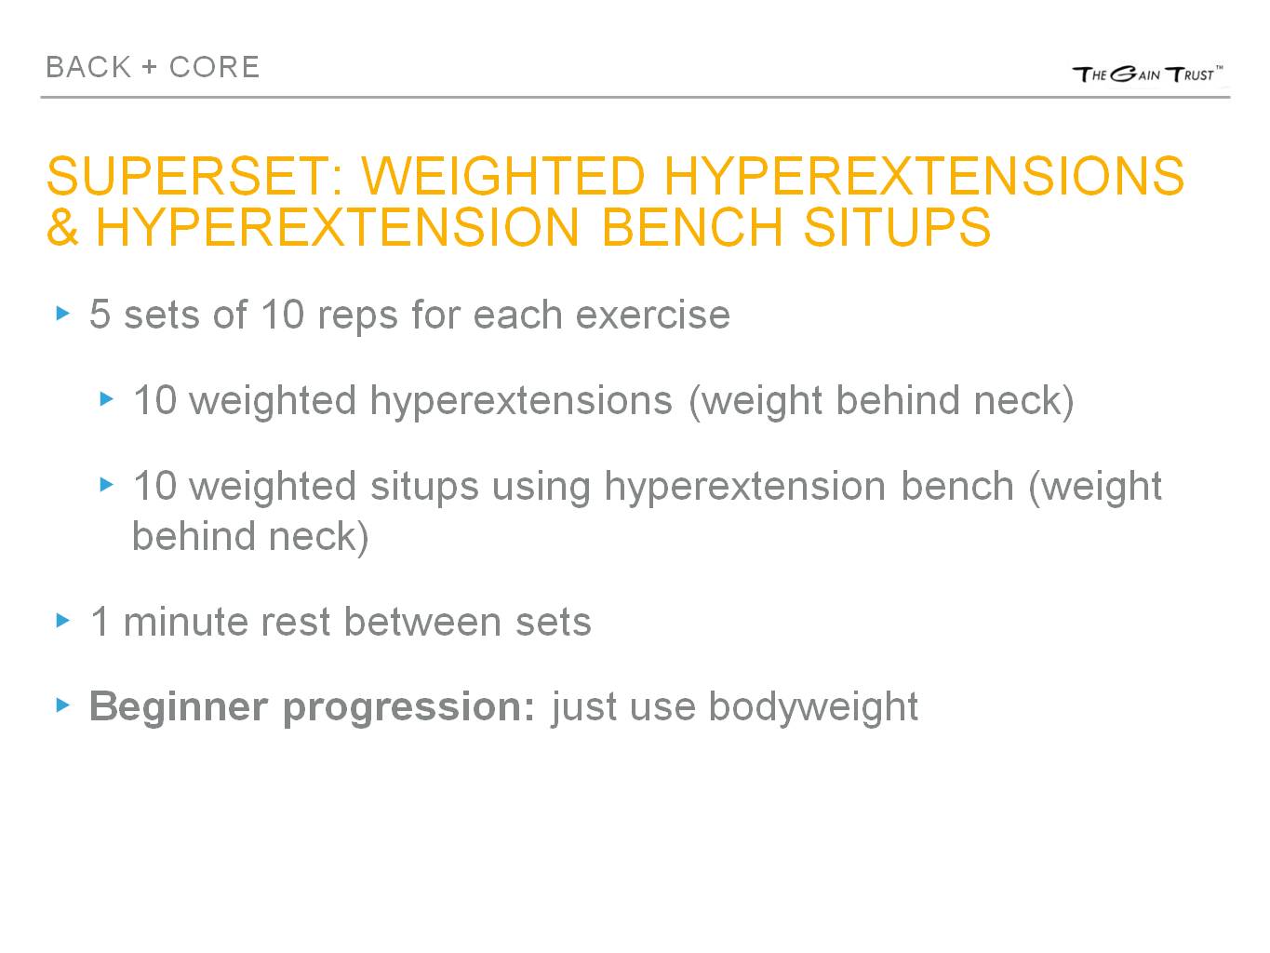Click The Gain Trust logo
[x=1147, y=74]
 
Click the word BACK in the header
[x=88, y=67]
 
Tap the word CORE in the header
[x=214, y=67]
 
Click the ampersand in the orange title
[x=62, y=226]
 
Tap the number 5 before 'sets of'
[x=100, y=315]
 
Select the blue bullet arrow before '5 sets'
[x=62, y=314]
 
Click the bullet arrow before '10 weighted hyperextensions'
[x=106, y=399]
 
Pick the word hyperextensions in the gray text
[x=520, y=400]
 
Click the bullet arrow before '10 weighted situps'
[x=106, y=485]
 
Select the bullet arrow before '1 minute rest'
[x=62, y=620]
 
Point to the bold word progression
[x=408, y=706]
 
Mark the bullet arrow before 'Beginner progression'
[x=62, y=705]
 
